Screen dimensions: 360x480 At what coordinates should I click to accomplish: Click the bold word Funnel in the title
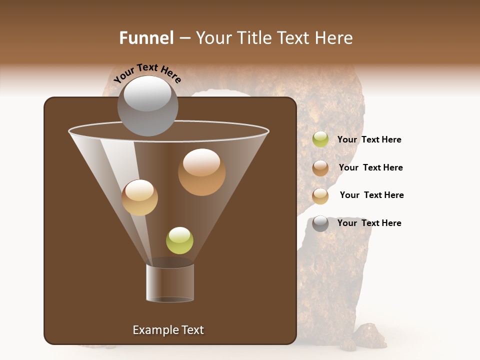[146, 38]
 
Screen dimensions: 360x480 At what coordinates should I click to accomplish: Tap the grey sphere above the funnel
[148, 105]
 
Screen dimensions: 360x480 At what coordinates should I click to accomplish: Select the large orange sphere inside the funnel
[201, 172]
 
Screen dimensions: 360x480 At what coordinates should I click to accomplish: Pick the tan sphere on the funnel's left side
[139, 197]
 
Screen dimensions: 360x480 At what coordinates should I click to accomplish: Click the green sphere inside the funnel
[179, 240]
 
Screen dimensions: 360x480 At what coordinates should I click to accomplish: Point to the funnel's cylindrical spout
[170, 282]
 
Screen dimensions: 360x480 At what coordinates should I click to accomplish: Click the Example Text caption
[168, 330]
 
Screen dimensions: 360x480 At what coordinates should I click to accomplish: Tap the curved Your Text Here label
[147, 73]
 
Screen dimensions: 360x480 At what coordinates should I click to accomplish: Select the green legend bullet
[320, 139]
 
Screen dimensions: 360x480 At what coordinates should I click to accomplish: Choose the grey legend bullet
[320, 223]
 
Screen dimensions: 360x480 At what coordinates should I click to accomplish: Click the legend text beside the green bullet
[369, 139]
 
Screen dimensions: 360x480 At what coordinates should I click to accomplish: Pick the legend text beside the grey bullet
[369, 223]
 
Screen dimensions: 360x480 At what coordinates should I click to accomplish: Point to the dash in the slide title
[184, 38]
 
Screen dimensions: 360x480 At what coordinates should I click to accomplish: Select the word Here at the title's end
[334, 38]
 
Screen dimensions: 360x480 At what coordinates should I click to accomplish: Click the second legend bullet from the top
[320, 168]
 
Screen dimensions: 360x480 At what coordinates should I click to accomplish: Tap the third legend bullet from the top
[320, 196]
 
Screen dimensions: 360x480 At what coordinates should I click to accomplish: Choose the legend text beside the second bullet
[370, 167]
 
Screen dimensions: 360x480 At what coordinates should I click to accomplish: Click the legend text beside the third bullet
[371, 195]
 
